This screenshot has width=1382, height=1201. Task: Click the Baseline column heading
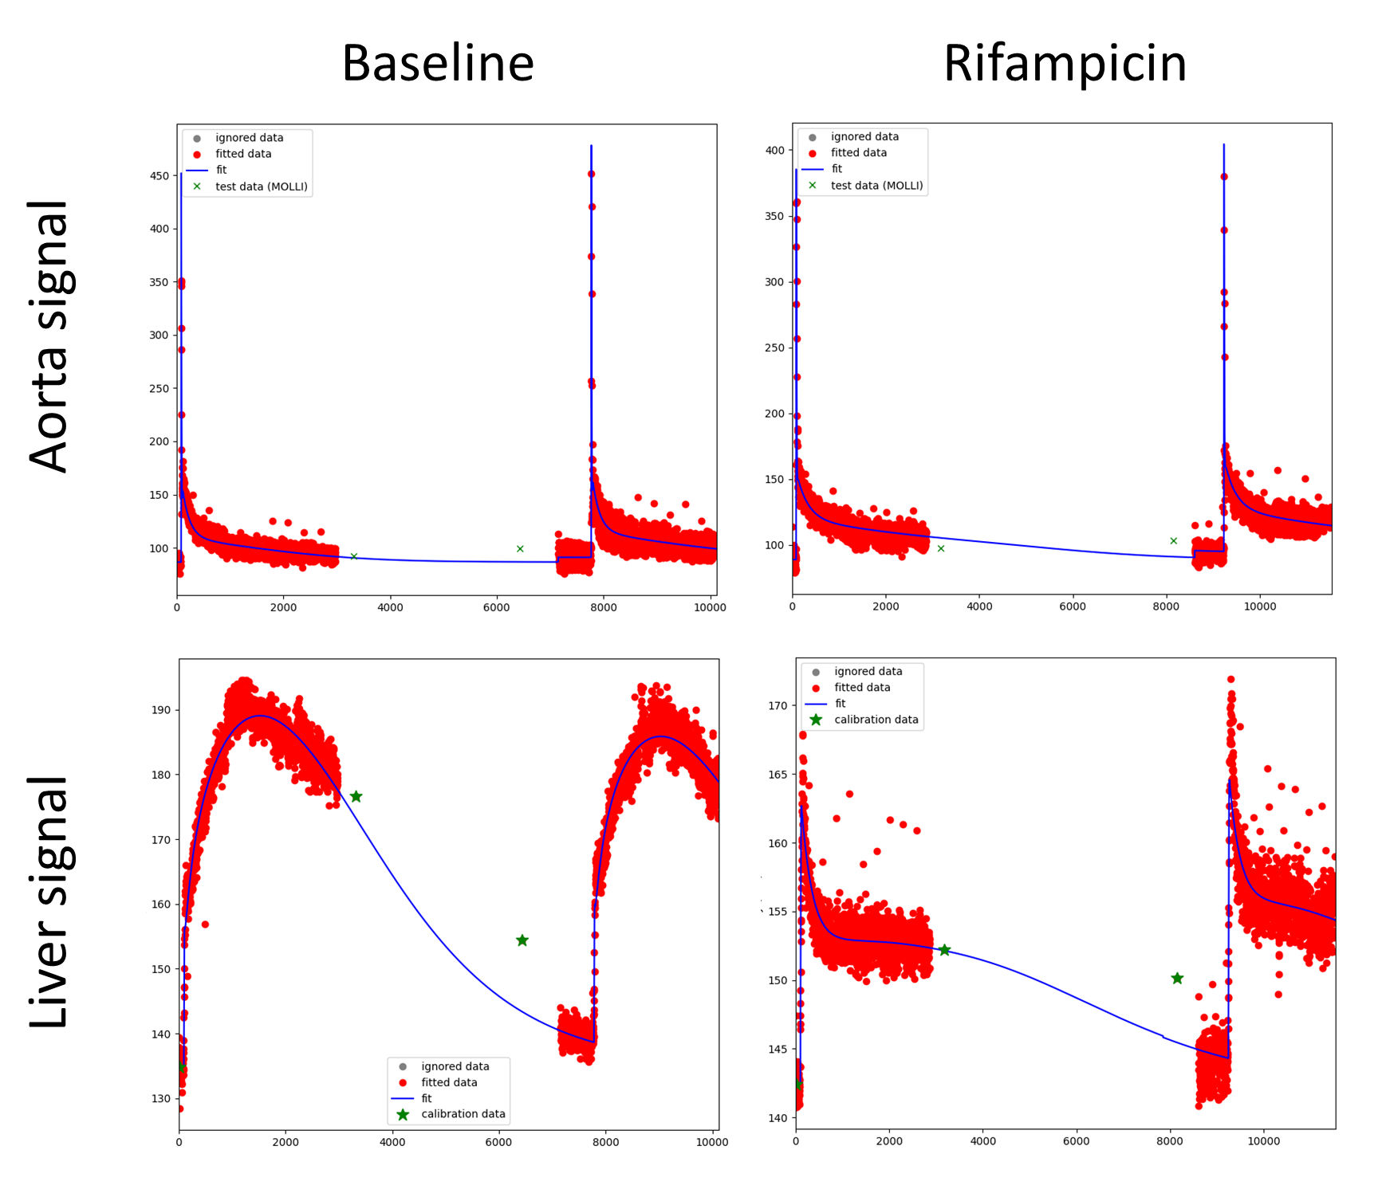pyautogui.click(x=438, y=63)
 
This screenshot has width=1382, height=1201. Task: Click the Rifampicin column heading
pyautogui.click(x=1065, y=63)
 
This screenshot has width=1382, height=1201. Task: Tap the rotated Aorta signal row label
pyautogui.click(x=49, y=336)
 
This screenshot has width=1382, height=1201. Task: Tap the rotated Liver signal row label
pyautogui.click(x=49, y=901)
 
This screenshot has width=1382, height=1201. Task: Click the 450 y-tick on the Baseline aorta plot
pyautogui.click(x=159, y=175)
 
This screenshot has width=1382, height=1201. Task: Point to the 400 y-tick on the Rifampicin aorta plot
pyautogui.click(x=774, y=150)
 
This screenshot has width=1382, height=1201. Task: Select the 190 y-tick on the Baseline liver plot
pyautogui.click(x=160, y=710)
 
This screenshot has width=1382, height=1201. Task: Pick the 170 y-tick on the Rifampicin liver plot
pyautogui.click(x=778, y=705)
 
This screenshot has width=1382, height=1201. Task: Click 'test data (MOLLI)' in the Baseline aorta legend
pyautogui.click(x=262, y=186)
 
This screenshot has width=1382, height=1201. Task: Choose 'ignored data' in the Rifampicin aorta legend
pyautogui.click(x=864, y=136)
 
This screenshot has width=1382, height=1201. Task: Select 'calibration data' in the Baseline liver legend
pyautogui.click(x=463, y=1114)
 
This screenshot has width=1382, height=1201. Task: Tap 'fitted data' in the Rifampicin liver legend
pyautogui.click(x=862, y=687)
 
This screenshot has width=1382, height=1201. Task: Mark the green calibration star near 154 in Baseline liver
pyautogui.click(x=522, y=940)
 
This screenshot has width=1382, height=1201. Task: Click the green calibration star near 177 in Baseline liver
pyautogui.click(x=356, y=797)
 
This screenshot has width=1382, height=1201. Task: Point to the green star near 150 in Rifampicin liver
pyautogui.click(x=1177, y=979)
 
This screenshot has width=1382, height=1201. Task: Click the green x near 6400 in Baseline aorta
pyautogui.click(x=520, y=548)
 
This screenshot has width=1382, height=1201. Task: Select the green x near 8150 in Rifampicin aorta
pyautogui.click(x=1174, y=540)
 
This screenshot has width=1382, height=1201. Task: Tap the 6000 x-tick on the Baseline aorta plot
pyautogui.click(x=496, y=607)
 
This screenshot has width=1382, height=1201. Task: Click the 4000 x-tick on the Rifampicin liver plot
pyautogui.click(x=982, y=1141)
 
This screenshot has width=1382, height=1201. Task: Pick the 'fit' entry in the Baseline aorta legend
pyautogui.click(x=221, y=170)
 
